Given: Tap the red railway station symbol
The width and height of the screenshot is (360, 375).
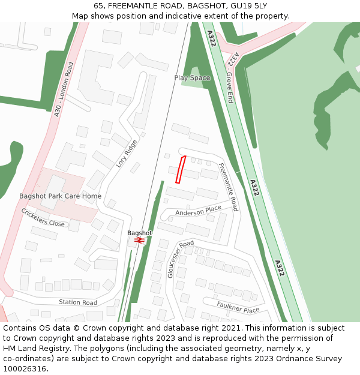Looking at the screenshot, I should (139, 240).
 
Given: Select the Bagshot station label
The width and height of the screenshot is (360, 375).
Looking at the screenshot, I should (140, 233).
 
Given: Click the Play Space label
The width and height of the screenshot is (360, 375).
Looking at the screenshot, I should (192, 78).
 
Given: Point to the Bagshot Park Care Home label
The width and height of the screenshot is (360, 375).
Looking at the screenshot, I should (60, 196).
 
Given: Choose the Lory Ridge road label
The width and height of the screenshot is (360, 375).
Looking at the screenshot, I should (127, 154).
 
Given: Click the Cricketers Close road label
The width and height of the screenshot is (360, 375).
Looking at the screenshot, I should (43, 218).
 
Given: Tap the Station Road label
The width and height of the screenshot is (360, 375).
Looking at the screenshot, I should (77, 302).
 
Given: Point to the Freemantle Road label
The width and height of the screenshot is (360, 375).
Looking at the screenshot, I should (228, 187).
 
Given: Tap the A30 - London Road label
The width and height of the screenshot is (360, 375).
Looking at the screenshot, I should (63, 89).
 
